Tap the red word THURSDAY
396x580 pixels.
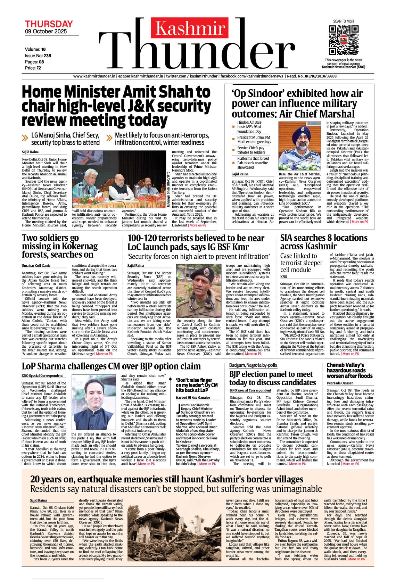coord(49,24)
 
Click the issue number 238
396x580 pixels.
coord(47,56)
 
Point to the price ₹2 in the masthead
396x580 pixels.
coord(38,68)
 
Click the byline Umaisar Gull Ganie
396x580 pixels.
coord(36,266)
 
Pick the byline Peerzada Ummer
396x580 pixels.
coord(340,383)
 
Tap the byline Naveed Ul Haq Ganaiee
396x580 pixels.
coord(193,398)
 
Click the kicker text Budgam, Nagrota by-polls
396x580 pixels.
coord(253,365)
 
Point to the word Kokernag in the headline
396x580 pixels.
coord(80,246)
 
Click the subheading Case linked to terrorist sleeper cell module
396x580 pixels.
coord(301,263)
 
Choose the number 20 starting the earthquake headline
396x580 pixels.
coord(36,479)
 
